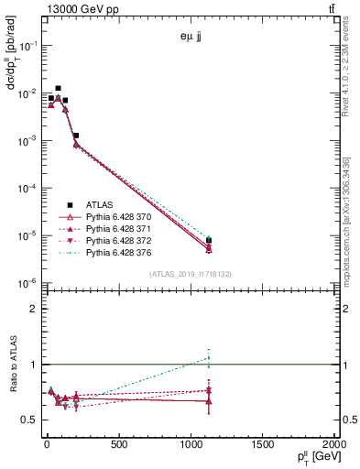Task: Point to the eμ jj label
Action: [x=193, y=38]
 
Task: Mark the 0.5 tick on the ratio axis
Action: [x=31, y=420]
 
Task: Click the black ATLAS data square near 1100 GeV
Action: [x=209, y=240]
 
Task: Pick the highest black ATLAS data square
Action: [x=59, y=88]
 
